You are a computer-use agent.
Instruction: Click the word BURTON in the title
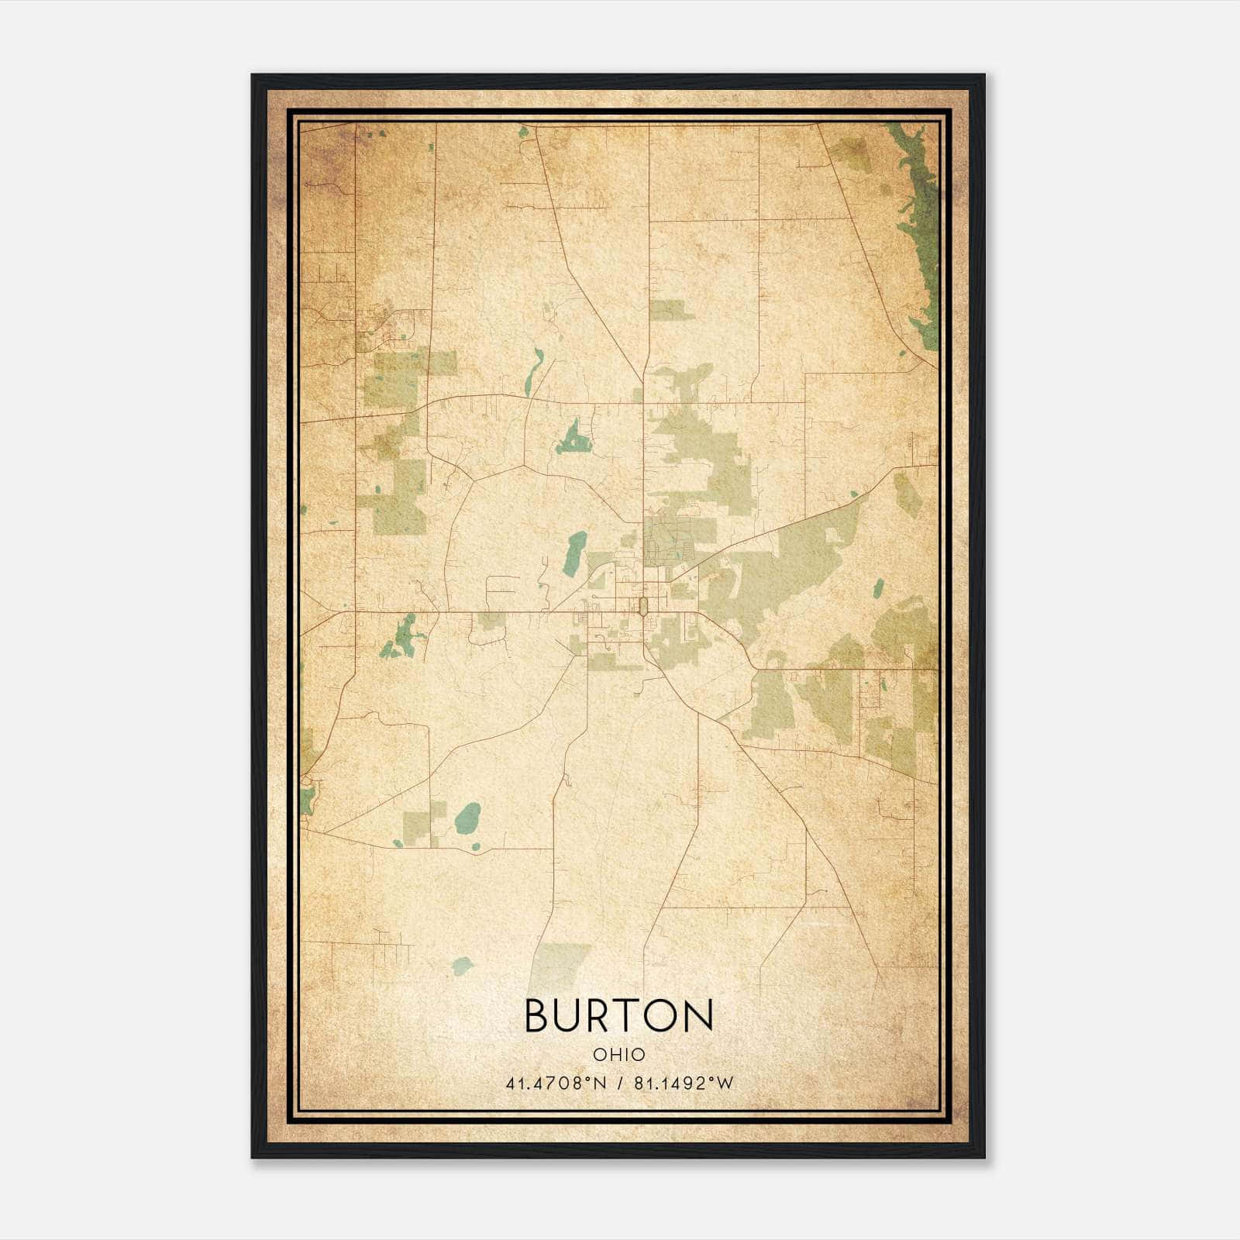point(618,1015)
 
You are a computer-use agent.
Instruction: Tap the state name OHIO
point(618,1055)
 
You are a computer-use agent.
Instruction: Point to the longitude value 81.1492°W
point(684,1083)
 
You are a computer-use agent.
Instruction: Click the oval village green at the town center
point(642,606)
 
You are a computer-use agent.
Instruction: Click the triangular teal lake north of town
point(573,439)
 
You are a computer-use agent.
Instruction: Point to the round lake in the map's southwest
point(467,818)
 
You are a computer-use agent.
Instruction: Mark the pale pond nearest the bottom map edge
point(462,966)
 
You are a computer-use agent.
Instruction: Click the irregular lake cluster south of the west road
point(404,637)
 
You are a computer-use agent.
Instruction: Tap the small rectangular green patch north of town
point(670,311)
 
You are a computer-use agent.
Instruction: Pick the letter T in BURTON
point(621,1015)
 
